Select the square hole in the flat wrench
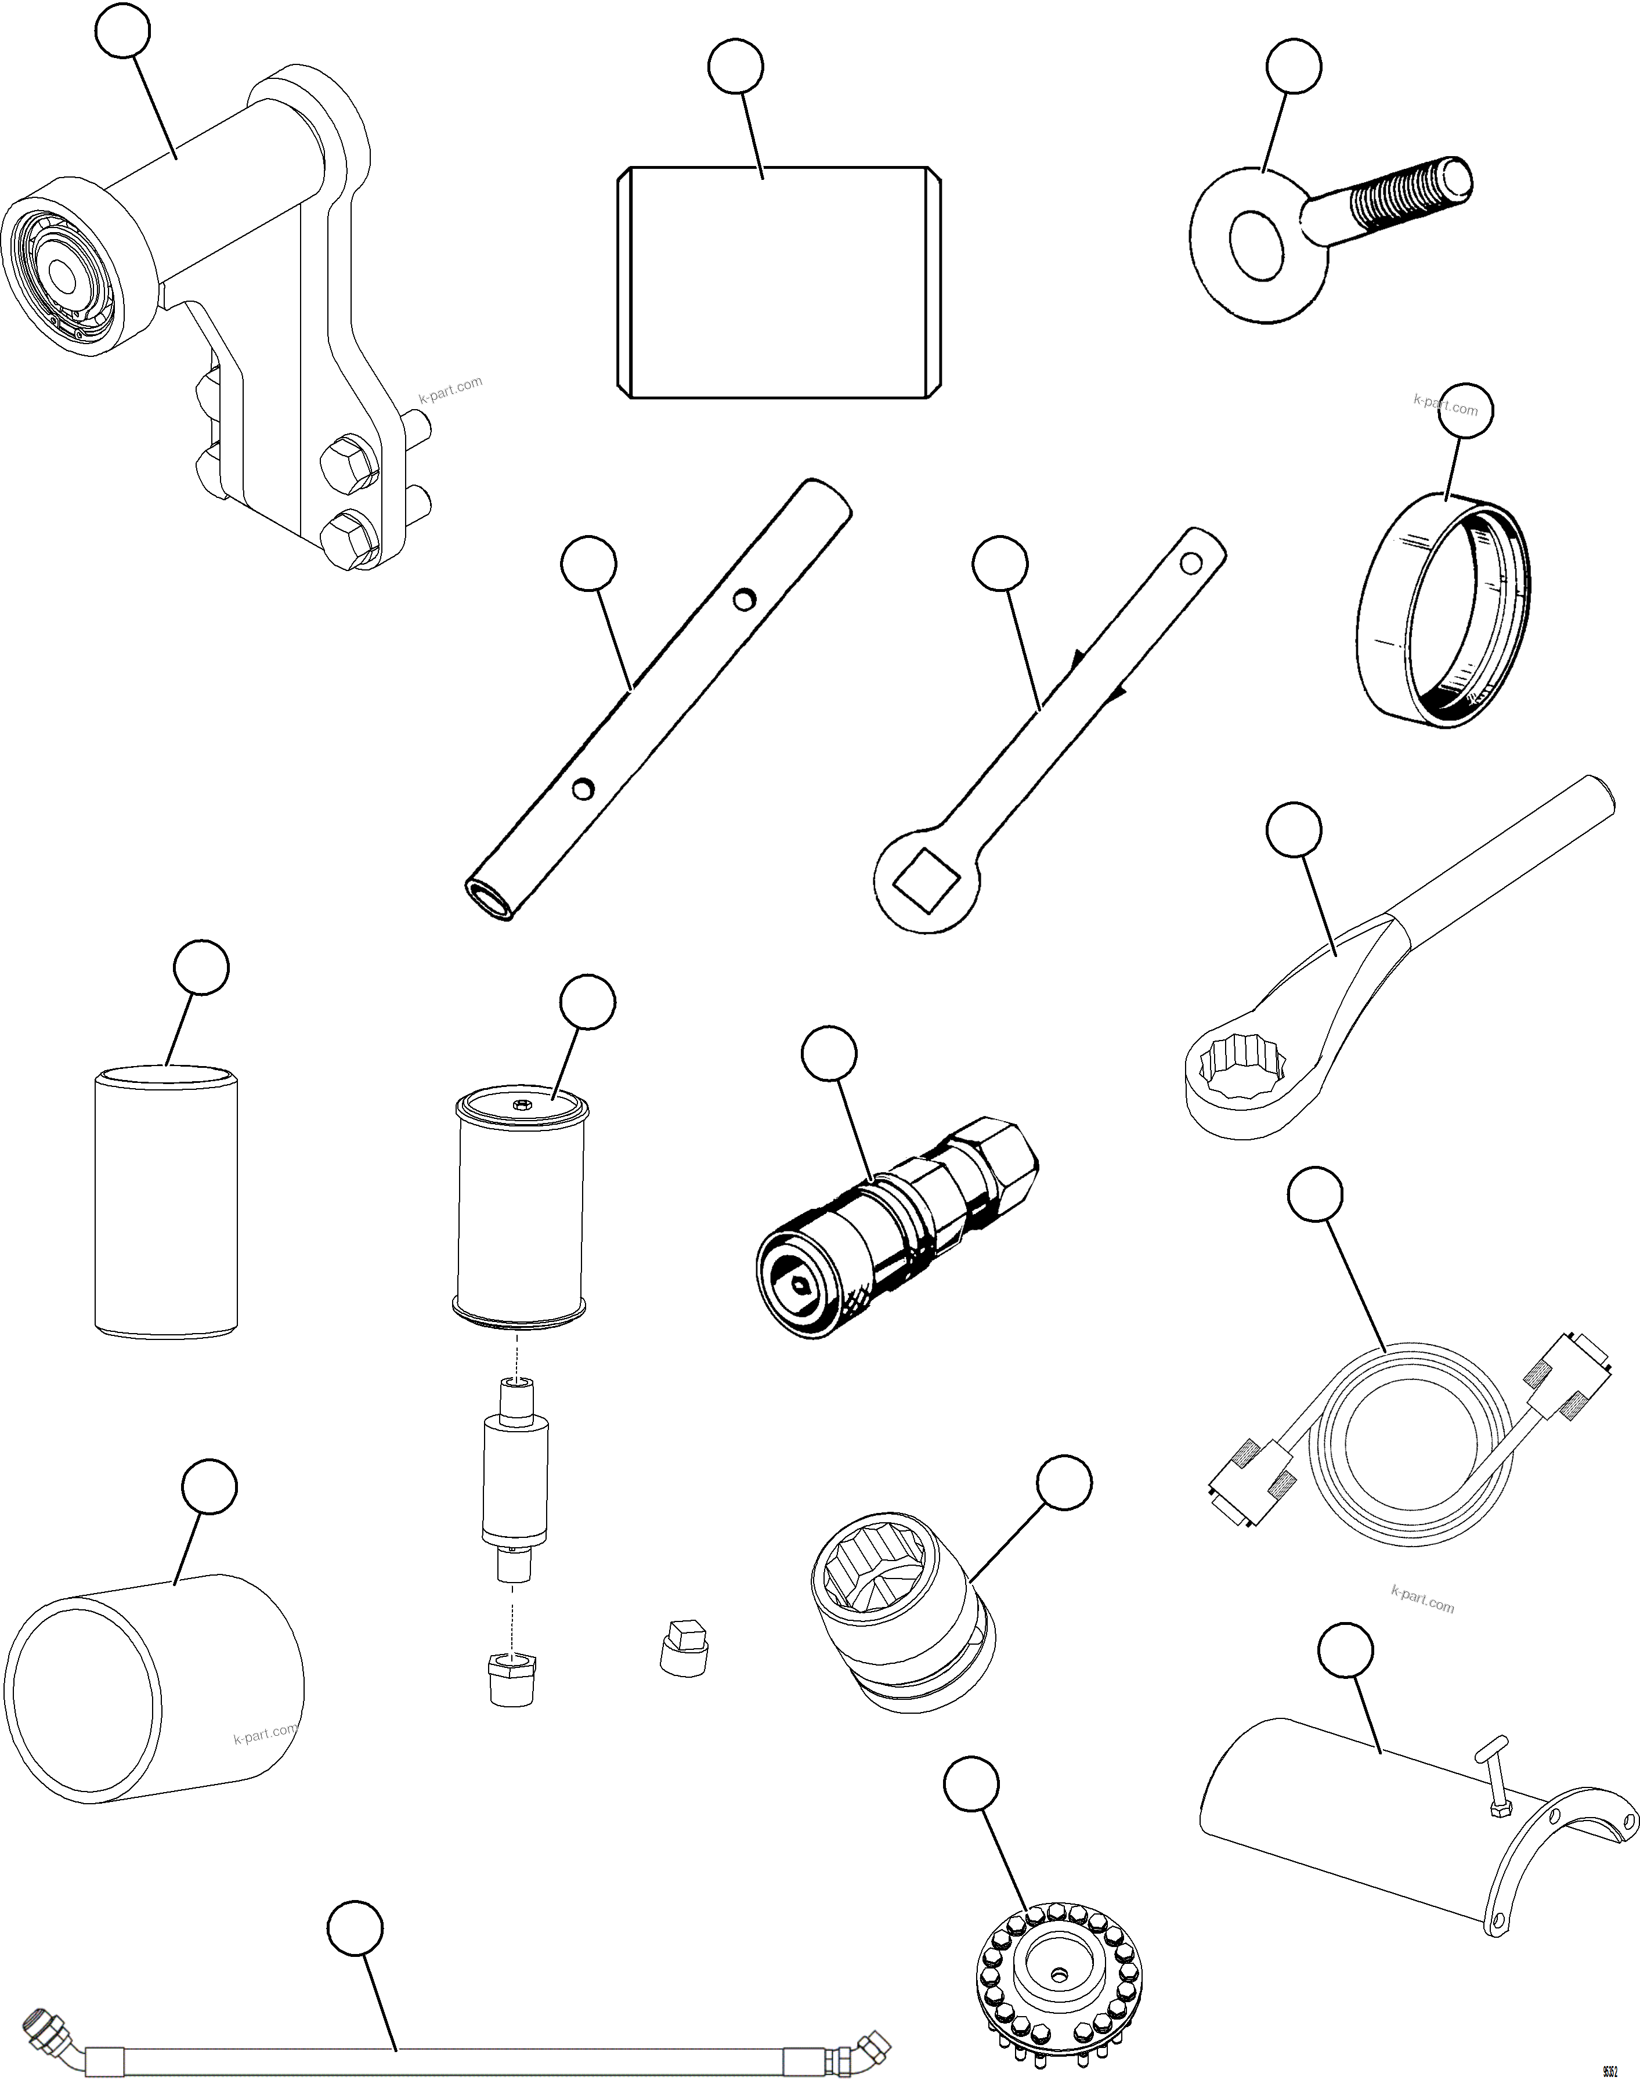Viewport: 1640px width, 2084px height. click(927, 880)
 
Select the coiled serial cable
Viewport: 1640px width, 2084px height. click(1411, 1450)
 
